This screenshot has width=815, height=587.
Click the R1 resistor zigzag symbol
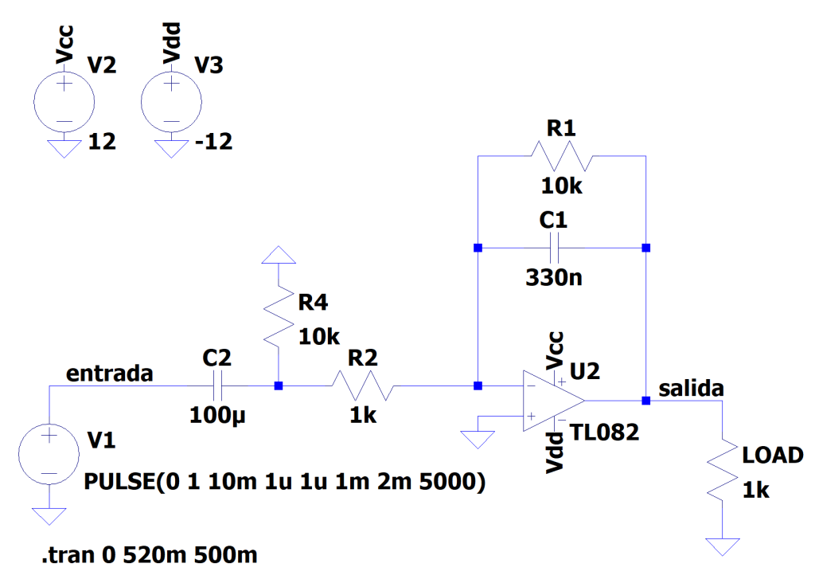(x=562, y=156)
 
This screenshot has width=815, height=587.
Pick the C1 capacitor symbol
(x=562, y=248)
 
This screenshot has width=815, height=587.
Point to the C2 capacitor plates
(x=220, y=386)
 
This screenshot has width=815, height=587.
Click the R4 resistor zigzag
(x=278, y=315)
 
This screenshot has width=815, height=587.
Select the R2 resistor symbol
(x=363, y=387)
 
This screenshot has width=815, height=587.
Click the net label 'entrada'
(x=109, y=373)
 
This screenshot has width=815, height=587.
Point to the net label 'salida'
(x=692, y=388)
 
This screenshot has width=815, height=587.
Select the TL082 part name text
(x=605, y=432)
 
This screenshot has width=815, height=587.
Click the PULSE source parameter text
(x=284, y=482)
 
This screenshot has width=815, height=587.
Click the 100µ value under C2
(x=219, y=415)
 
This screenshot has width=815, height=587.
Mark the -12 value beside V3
(x=213, y=143)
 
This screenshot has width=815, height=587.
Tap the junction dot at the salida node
(x=645, y=401)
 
